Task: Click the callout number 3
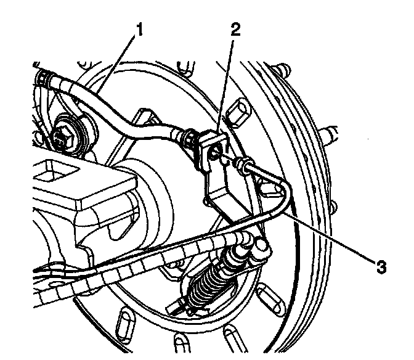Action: pyautogui.click(x=382, y=266)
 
